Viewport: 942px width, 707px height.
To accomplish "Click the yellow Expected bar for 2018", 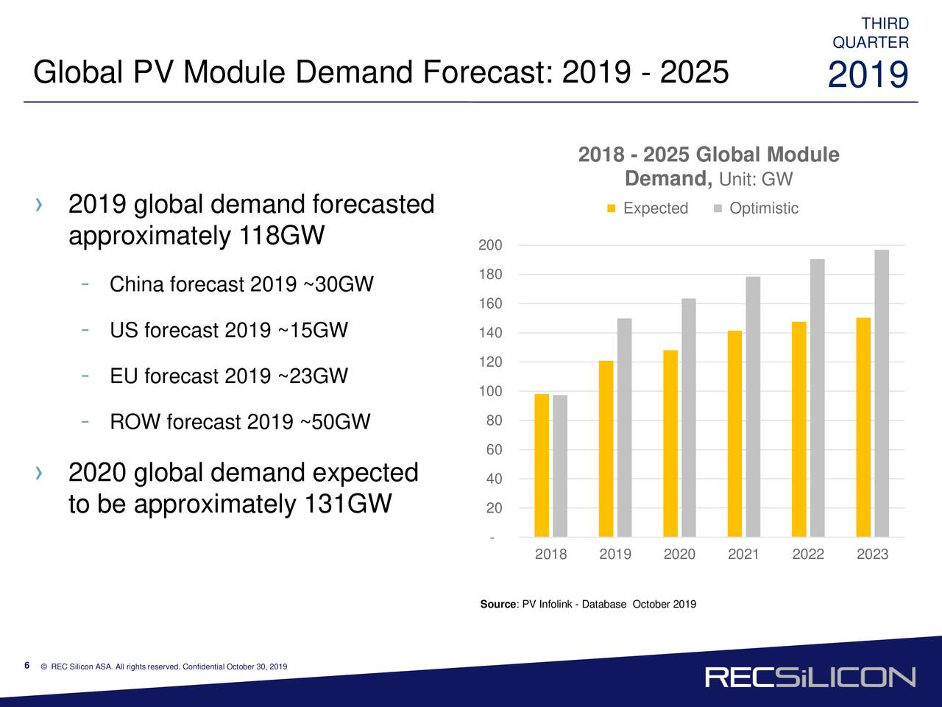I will pyautogui.click(x=542, y=465).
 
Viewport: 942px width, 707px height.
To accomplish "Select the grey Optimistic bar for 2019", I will pyautogui.click(x=624, y=427).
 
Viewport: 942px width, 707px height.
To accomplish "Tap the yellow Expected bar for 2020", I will pyautogui.click(x=670, y=443).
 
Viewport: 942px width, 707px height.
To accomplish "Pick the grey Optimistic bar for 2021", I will pyautogui.click(x=753, y=407).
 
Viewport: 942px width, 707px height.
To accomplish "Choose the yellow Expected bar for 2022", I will pyautogui.click(x=799, y=429).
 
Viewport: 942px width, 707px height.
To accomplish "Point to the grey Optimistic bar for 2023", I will pyautogui.click(x=882, y=393).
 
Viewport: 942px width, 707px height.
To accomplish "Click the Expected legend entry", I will pyautogui.click(x=648, y=208).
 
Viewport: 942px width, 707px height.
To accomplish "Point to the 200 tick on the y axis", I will pyautogui.click(x=490, y=245).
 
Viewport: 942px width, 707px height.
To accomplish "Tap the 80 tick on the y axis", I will pyautogui.click(x=494, y=421).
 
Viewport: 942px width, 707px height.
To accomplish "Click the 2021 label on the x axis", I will pyautogui.click(x=743, y=555).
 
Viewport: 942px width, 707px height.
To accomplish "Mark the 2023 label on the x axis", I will pyautogui.click(x=872, y=555).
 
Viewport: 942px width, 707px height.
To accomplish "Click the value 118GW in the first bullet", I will pyautogui.click(x=282, y=236).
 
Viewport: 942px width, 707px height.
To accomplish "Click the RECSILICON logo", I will pyautogui.click(x=810, y=678).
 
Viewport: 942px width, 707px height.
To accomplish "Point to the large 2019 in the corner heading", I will pyautogui.click(x=868, y=76).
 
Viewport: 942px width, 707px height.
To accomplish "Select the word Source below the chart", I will pyautogui.click(x=498, y=605).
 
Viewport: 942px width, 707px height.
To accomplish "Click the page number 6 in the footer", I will pyautogui.click(x=26, y=666).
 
